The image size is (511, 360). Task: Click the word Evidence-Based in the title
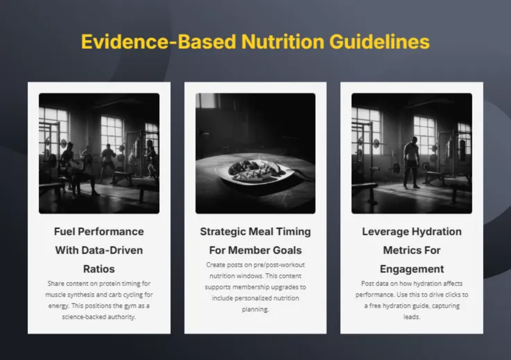pos(158,42)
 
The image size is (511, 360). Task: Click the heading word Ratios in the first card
pos(99,269)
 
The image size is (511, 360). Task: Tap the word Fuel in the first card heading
pos(64,231)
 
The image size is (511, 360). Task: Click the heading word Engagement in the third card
pos(412,269)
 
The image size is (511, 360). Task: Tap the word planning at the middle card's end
pos(255,309)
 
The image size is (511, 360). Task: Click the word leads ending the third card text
pos(411,317)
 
